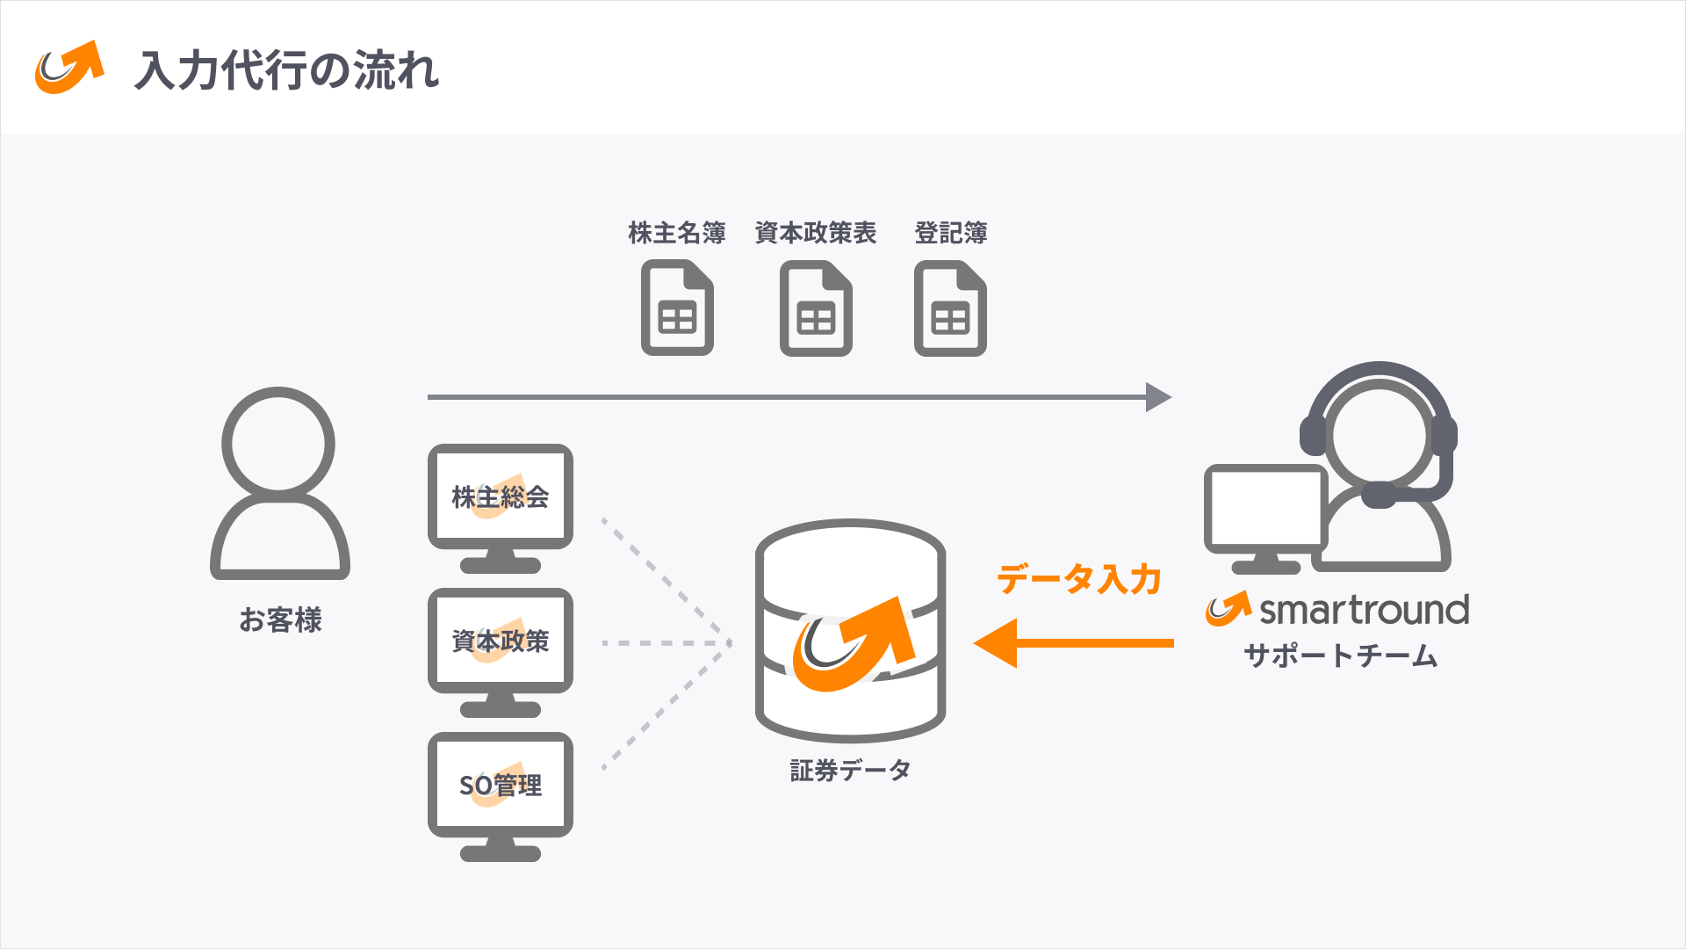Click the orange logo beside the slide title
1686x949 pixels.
point(68,69)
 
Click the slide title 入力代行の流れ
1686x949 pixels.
point(286,70)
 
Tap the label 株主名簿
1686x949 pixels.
point(676,233)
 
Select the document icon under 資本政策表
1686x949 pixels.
point(816,308)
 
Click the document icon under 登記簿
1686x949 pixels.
point(950,308)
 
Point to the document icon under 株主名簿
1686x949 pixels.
point(677,308)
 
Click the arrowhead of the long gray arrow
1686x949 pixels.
point(1158,397)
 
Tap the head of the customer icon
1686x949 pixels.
point(278,442)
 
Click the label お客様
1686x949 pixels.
point(280,619)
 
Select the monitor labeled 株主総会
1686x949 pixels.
point(500,497)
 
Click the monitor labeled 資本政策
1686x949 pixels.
point(500,641)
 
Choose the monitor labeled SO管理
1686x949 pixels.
point(500,785)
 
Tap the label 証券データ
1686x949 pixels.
point(850,771)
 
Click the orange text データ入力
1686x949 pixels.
point(1078,580)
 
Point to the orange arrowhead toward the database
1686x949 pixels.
point(998,643)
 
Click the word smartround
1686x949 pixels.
point(1364,610)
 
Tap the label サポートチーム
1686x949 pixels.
point(1340,656)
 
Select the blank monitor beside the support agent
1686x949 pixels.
point(1264,508)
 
